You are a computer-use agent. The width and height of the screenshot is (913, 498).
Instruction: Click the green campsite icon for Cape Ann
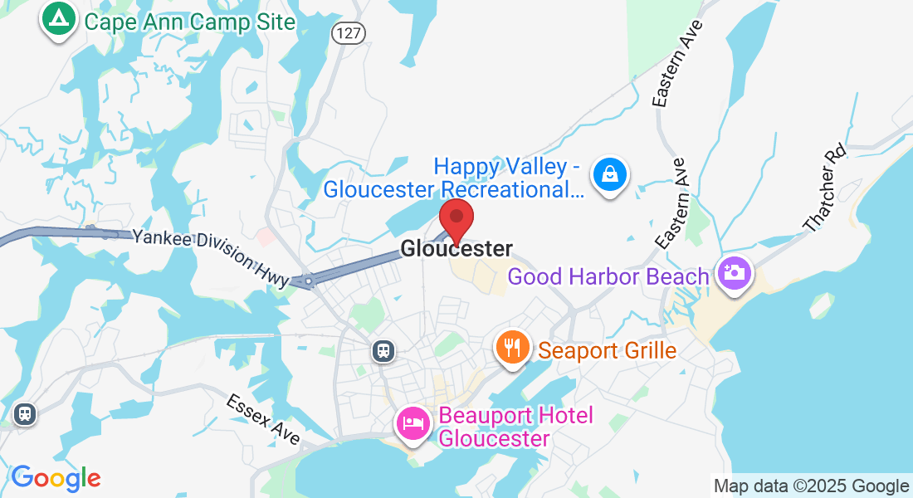[x=57, y=19]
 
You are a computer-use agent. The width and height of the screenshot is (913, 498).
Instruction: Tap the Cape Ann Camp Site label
[x=190, y=22]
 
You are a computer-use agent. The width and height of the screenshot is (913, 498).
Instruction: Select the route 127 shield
[x=348, y=33]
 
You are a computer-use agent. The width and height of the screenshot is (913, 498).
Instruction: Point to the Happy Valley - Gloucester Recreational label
[x=453, y=178]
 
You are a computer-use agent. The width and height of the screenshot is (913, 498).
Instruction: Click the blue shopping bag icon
[x=610, y=176]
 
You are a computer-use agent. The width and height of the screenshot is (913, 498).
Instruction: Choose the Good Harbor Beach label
[x=608, y=276]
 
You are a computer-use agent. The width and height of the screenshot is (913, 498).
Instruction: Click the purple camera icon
[x=734, y=273]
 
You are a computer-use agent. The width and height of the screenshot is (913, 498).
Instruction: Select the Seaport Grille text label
[x=607, y=350]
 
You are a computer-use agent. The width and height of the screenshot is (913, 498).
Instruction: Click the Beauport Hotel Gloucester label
[x=515, y=426]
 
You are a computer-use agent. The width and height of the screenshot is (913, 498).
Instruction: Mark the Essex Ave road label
[x=263, y=418]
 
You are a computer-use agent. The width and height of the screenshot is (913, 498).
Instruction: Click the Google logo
[x=56, y=478]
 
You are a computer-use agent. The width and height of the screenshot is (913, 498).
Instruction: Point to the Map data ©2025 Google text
[x=811, y=486]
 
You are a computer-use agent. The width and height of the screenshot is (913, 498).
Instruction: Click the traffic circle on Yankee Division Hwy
[x=308, y=282]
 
